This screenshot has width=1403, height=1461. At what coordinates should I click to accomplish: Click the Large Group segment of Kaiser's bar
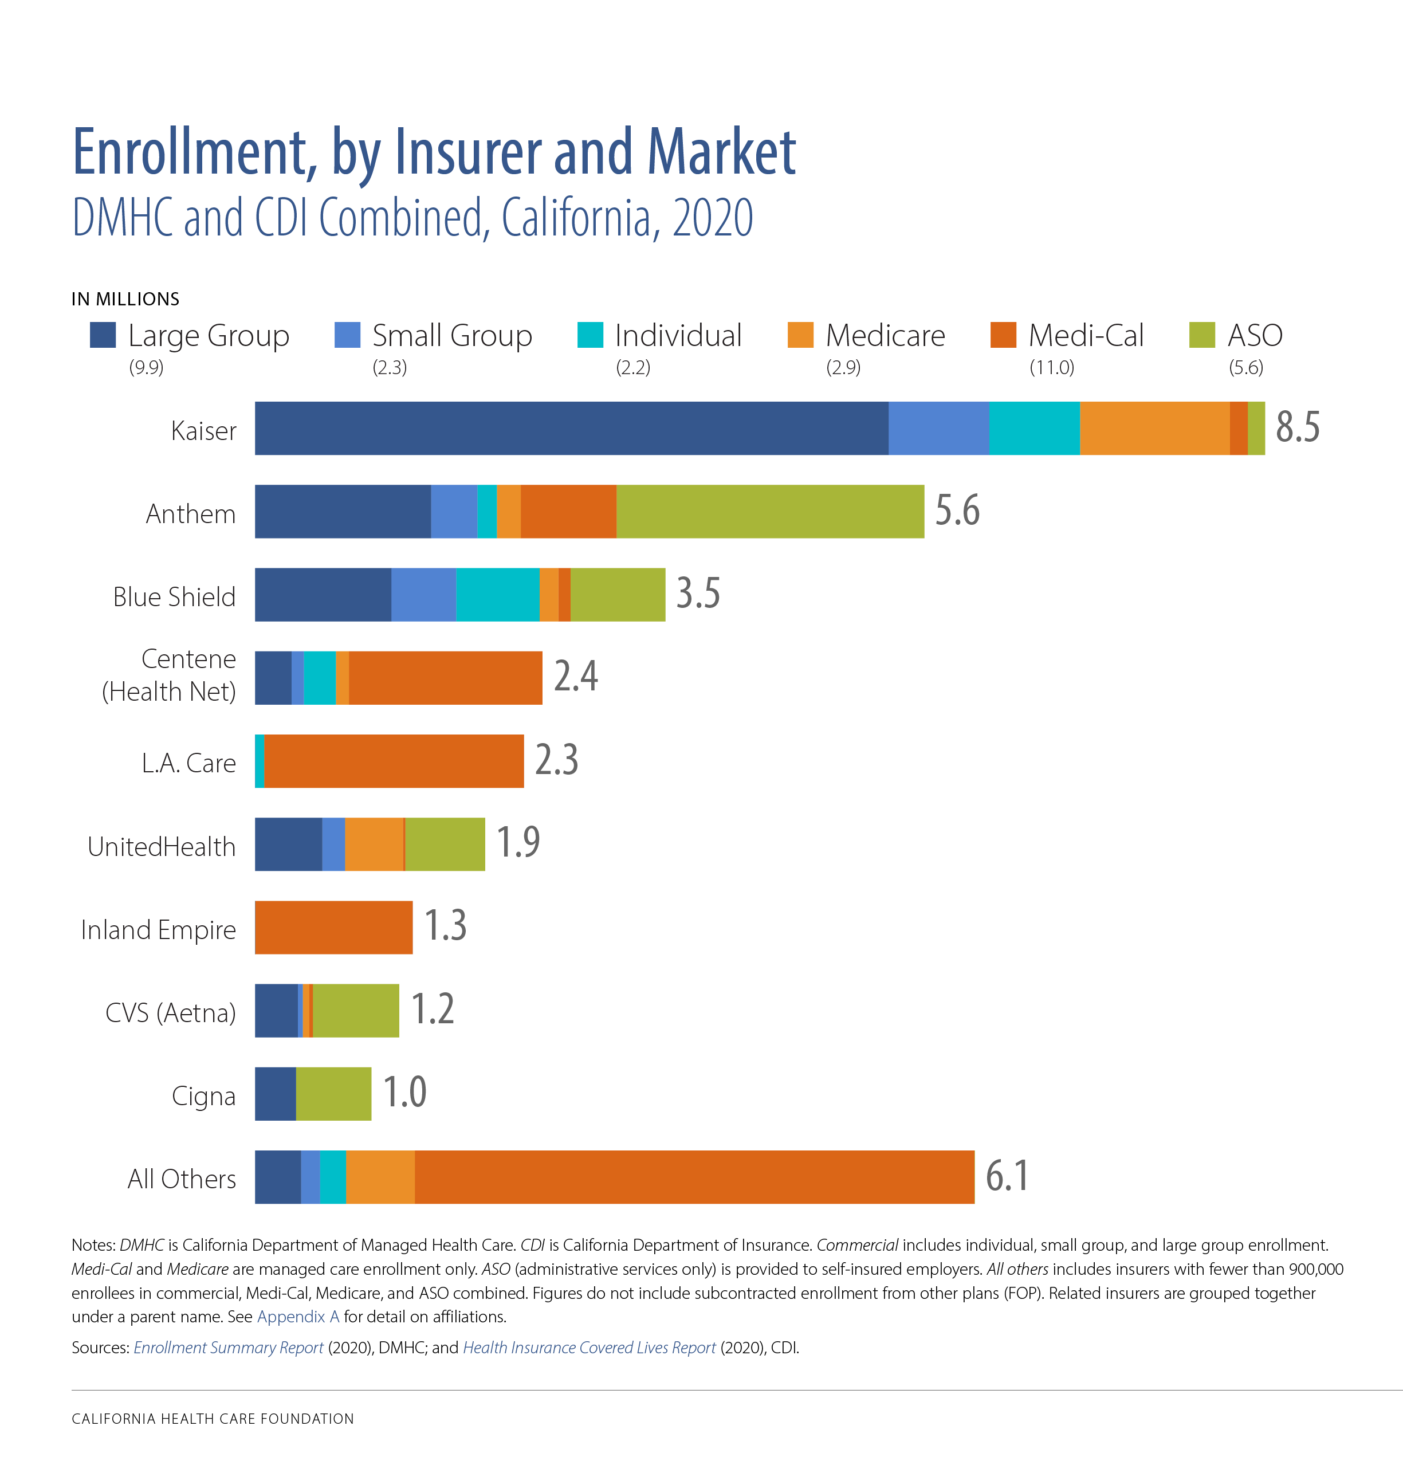(x=571, y=429)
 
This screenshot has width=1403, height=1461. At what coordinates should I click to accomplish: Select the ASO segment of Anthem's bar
(x=769, y=511)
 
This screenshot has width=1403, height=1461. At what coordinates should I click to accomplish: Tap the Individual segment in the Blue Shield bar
(x=497, y=594)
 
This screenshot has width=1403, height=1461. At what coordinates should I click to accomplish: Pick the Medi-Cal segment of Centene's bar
(x=445, y=678)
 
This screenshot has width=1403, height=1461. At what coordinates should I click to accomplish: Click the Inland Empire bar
(x=333, y=927)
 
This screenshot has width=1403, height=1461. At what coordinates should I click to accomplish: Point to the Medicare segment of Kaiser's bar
(x=1154, y=429)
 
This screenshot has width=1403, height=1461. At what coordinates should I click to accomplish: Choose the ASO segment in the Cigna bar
(x=333, y=1094)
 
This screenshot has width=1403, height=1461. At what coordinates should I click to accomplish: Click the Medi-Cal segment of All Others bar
(x=694, y=1177)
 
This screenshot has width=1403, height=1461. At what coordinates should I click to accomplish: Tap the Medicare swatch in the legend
(x=800, y=335)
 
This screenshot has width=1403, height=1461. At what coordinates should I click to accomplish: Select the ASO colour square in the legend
(x=1202, y=335)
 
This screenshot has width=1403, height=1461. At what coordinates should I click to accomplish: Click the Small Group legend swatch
(x=347, y=335)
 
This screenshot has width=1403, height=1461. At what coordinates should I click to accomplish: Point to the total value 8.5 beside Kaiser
(x=1297, y=427)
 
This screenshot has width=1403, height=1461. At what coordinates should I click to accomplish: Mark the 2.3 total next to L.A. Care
(x=556, y=760)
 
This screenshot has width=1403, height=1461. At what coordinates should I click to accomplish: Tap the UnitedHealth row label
(x=161, y=847)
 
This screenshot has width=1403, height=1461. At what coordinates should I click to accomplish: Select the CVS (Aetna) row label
(x=170, y=1013)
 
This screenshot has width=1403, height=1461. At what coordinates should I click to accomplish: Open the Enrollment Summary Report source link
(x=228, y=1348)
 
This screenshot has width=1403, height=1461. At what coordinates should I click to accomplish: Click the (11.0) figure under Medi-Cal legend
(x=1051, y=367)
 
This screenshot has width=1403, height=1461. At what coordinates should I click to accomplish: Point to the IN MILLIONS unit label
(x=125, y=299)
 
